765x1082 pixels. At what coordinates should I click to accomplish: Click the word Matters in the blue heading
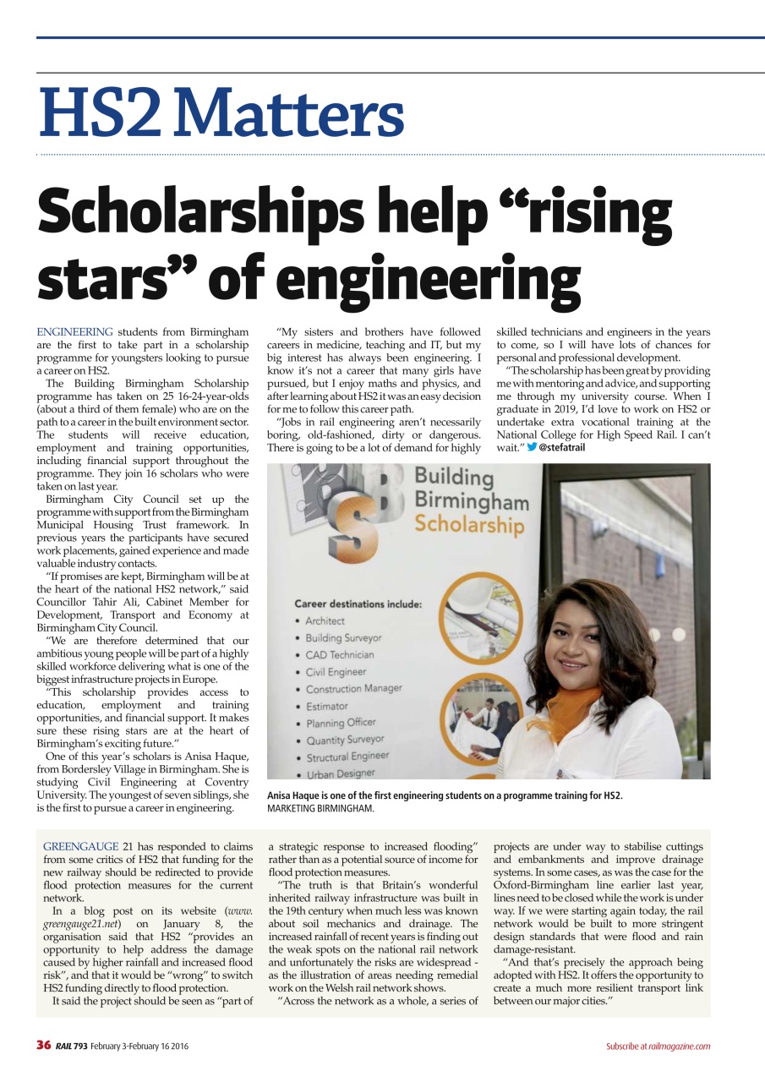point(291,115)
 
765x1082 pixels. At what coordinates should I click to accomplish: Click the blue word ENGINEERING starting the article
point(74,332)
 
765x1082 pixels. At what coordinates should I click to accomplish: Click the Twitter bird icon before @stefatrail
point(532,447)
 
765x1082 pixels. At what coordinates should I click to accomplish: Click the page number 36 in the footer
point(44,1046)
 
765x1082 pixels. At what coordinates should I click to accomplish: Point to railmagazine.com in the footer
point(680,1046)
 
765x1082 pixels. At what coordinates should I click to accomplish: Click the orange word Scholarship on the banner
point(470,525)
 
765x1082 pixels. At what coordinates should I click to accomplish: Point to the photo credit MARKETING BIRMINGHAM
point(320,809)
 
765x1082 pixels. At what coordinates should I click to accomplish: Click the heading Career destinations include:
point(358,604)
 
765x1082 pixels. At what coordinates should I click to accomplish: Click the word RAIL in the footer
point(64,1046)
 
